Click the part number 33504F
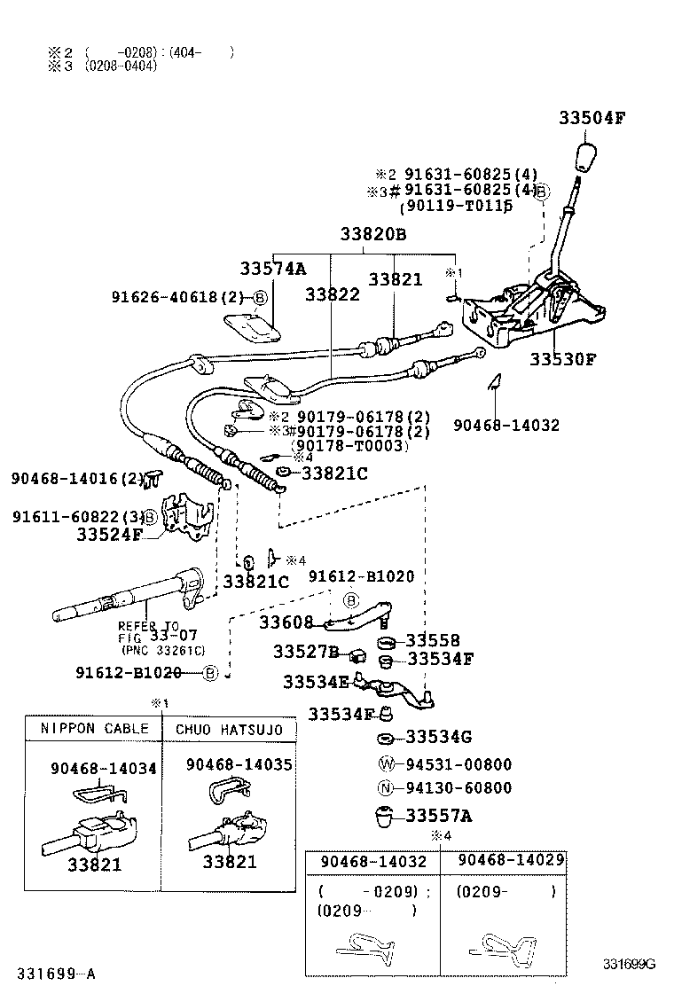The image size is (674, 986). (592, 118)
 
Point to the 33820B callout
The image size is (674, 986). (373, 235)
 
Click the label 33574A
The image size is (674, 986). (272, 268)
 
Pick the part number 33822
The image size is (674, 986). (333, 293)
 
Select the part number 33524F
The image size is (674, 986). (108, 535)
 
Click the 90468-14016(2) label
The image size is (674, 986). (77, 478)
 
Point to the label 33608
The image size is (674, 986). (286, 622)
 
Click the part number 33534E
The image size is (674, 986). (317, 682)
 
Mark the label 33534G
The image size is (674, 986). (439, 737)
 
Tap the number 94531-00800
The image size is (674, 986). (458, 764)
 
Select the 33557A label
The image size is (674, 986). (439, 815)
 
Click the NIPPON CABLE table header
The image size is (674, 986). (94, 729)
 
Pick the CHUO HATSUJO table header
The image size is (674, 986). (229, 729)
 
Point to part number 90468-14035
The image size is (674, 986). (239, 764)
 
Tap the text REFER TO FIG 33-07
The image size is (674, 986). (149, 631)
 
